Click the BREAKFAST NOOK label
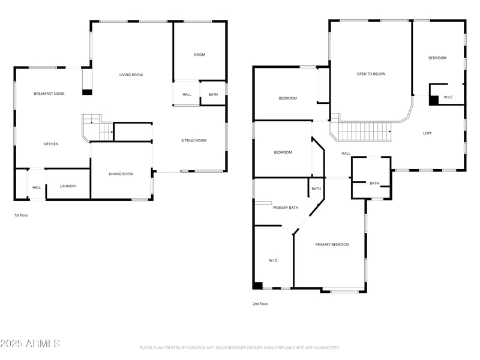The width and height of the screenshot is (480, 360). (49, 94)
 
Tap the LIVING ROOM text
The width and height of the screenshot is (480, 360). (131, 75)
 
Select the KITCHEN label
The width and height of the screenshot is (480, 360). (51, 144)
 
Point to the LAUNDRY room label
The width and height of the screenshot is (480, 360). (68, 186)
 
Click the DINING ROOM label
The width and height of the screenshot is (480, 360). (121, 174)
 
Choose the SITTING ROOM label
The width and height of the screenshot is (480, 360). (194, 141)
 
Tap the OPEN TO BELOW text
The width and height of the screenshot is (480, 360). (371, 74)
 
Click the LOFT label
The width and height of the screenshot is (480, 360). (427, 133)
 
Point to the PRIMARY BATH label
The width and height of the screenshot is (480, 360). (286, 208)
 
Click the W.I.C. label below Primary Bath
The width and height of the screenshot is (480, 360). (274, 260)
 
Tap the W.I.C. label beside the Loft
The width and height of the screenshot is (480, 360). (449, 97)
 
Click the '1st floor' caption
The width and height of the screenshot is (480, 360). (21, 215)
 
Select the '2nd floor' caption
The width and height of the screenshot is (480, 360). (260, 304)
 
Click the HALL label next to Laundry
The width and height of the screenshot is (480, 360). (37, 188)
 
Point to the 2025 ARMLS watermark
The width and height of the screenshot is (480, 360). (30, 344)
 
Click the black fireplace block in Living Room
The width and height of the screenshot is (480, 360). (87, 92)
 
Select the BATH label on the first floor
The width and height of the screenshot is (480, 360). (213, 94)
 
